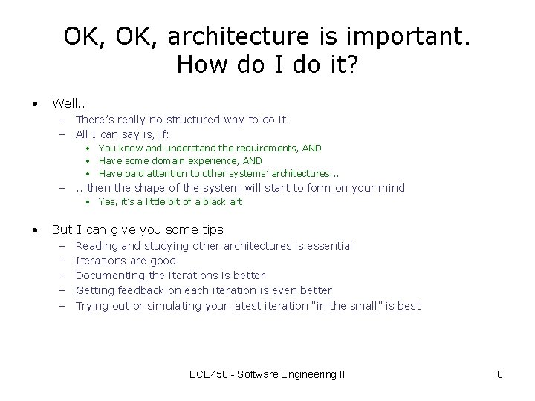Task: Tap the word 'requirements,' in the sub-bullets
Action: (263, 149)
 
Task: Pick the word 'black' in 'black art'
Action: (211, 202)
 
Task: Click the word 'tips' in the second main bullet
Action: (211, 229)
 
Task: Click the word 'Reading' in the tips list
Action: (97, 246)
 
